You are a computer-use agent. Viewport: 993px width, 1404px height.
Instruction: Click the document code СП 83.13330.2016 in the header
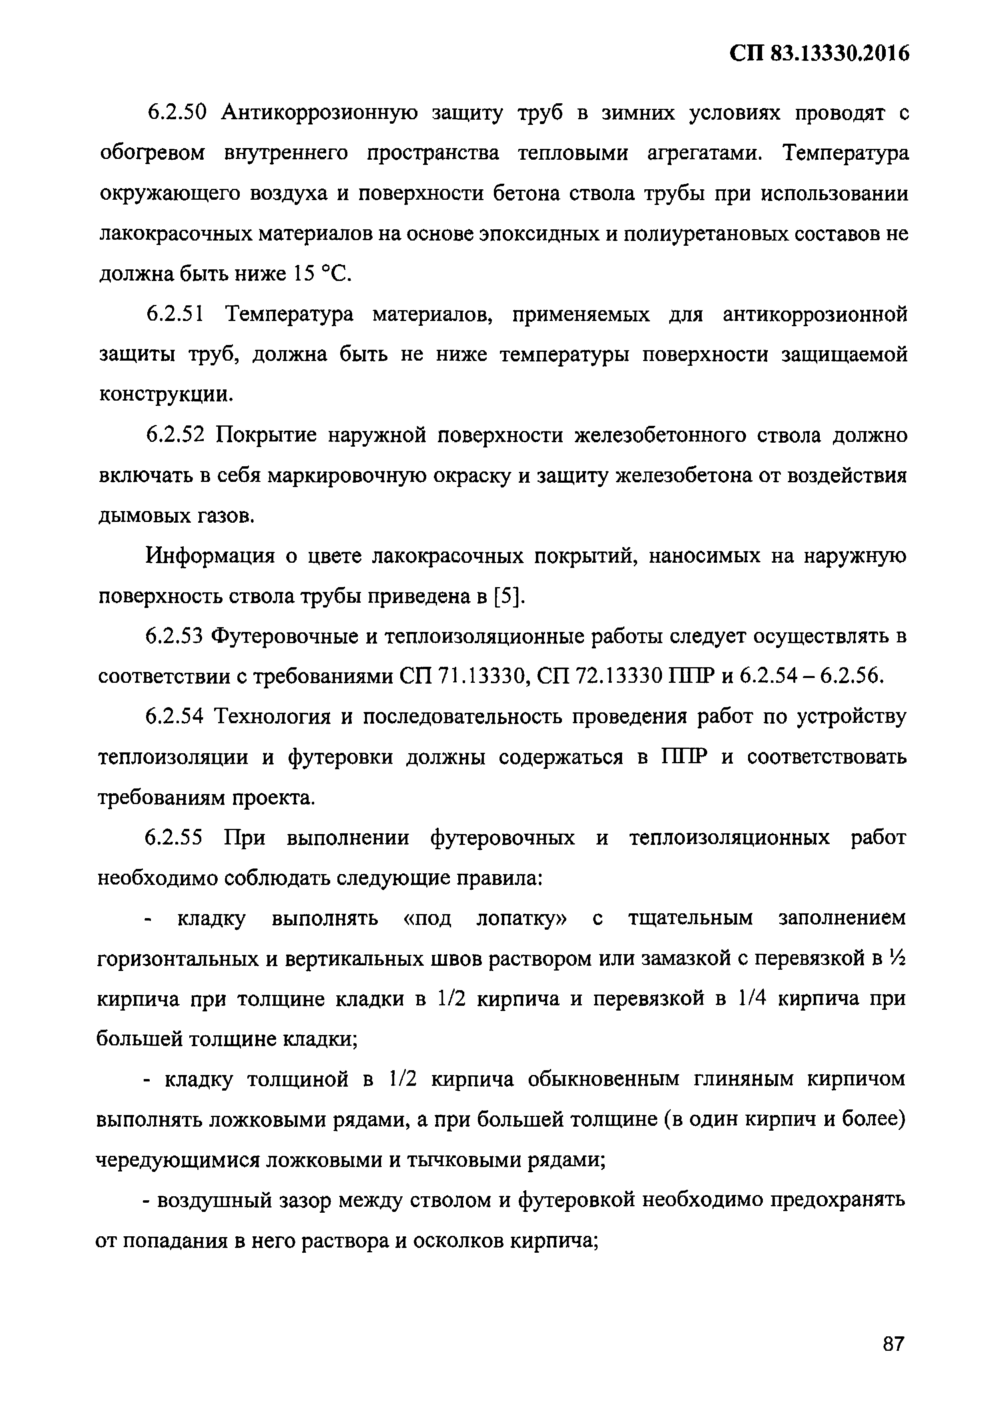point(819,54)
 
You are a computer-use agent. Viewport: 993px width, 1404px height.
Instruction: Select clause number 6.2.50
point(178,113)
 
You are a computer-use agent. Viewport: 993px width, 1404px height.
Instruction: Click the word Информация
point(211,556)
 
